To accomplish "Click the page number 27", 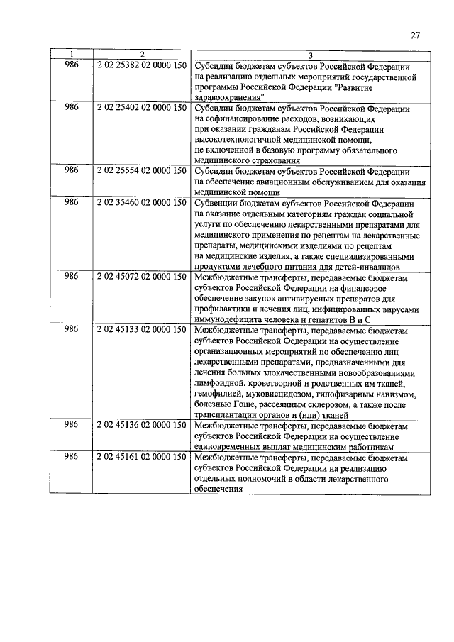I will [416, 35].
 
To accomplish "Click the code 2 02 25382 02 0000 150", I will [142, 65].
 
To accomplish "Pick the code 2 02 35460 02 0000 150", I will [142, 204].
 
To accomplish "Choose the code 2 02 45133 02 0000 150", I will [142, 330].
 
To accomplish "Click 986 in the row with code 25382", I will [71, 65].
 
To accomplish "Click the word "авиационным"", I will [280, 182].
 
